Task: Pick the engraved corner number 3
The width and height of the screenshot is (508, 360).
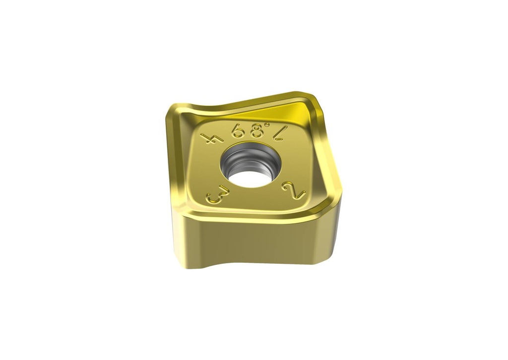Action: point(214,194)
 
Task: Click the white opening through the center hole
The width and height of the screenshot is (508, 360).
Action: point(248,177)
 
